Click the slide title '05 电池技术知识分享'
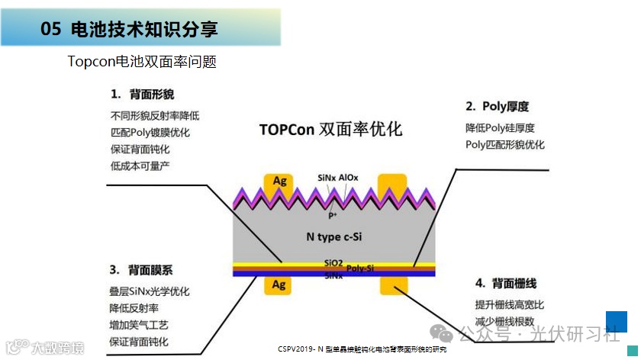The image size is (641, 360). coord(129,30)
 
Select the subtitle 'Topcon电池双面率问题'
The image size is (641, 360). coord(142,63)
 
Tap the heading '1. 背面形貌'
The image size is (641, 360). coord(142,95)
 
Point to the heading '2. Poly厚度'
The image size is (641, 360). coord(497,107)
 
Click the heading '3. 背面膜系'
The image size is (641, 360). coord(141,270)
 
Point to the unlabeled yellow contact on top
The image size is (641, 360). coord(392,183)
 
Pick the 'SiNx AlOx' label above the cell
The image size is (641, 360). coord(338,178)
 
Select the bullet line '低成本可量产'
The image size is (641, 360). coord(140,166)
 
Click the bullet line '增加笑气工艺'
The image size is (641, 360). coord(139,325)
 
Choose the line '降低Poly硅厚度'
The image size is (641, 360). coord(500,127)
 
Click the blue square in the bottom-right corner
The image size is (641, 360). coord(616,322)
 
